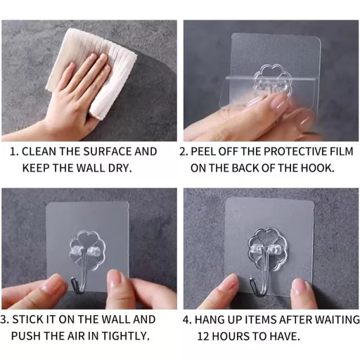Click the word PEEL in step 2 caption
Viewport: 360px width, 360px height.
203,152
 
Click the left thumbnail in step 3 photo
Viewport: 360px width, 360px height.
53,285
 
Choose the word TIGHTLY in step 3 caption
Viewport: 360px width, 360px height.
126,336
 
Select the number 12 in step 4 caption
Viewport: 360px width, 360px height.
203,336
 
